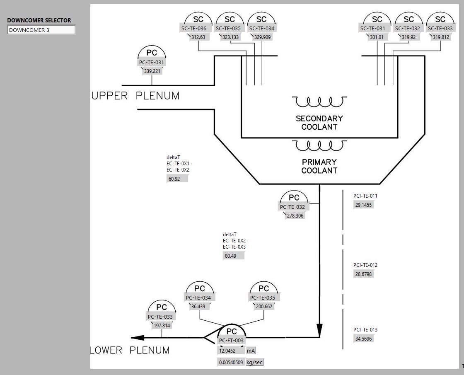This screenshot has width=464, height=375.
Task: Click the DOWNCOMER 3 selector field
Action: click(41, 30)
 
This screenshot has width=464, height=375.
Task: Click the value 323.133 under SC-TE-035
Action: click(231, 37)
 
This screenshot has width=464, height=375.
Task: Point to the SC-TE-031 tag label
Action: click(372, 29)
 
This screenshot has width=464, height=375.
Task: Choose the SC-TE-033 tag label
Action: click(440, 29)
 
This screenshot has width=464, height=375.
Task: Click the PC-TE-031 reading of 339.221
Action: click(152, 71)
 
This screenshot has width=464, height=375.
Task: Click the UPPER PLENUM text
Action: click(136, 96)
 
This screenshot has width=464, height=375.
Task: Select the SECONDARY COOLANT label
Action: click(319, 123)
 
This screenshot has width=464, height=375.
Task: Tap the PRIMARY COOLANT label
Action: click(319, 166)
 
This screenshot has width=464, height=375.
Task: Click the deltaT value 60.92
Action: click(177, 179)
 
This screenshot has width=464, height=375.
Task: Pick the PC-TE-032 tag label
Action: click(292, 207)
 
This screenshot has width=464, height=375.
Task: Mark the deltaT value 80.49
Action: click(233, 256)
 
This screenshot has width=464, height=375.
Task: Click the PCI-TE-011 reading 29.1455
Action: click(363, 205)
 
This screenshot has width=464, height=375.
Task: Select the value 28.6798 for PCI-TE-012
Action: click(363, 274)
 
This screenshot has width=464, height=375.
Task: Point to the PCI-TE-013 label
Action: click(365, 330)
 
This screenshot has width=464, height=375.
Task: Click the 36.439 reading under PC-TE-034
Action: click(198, 307)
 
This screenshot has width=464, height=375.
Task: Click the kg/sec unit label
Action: click(254, 363)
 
